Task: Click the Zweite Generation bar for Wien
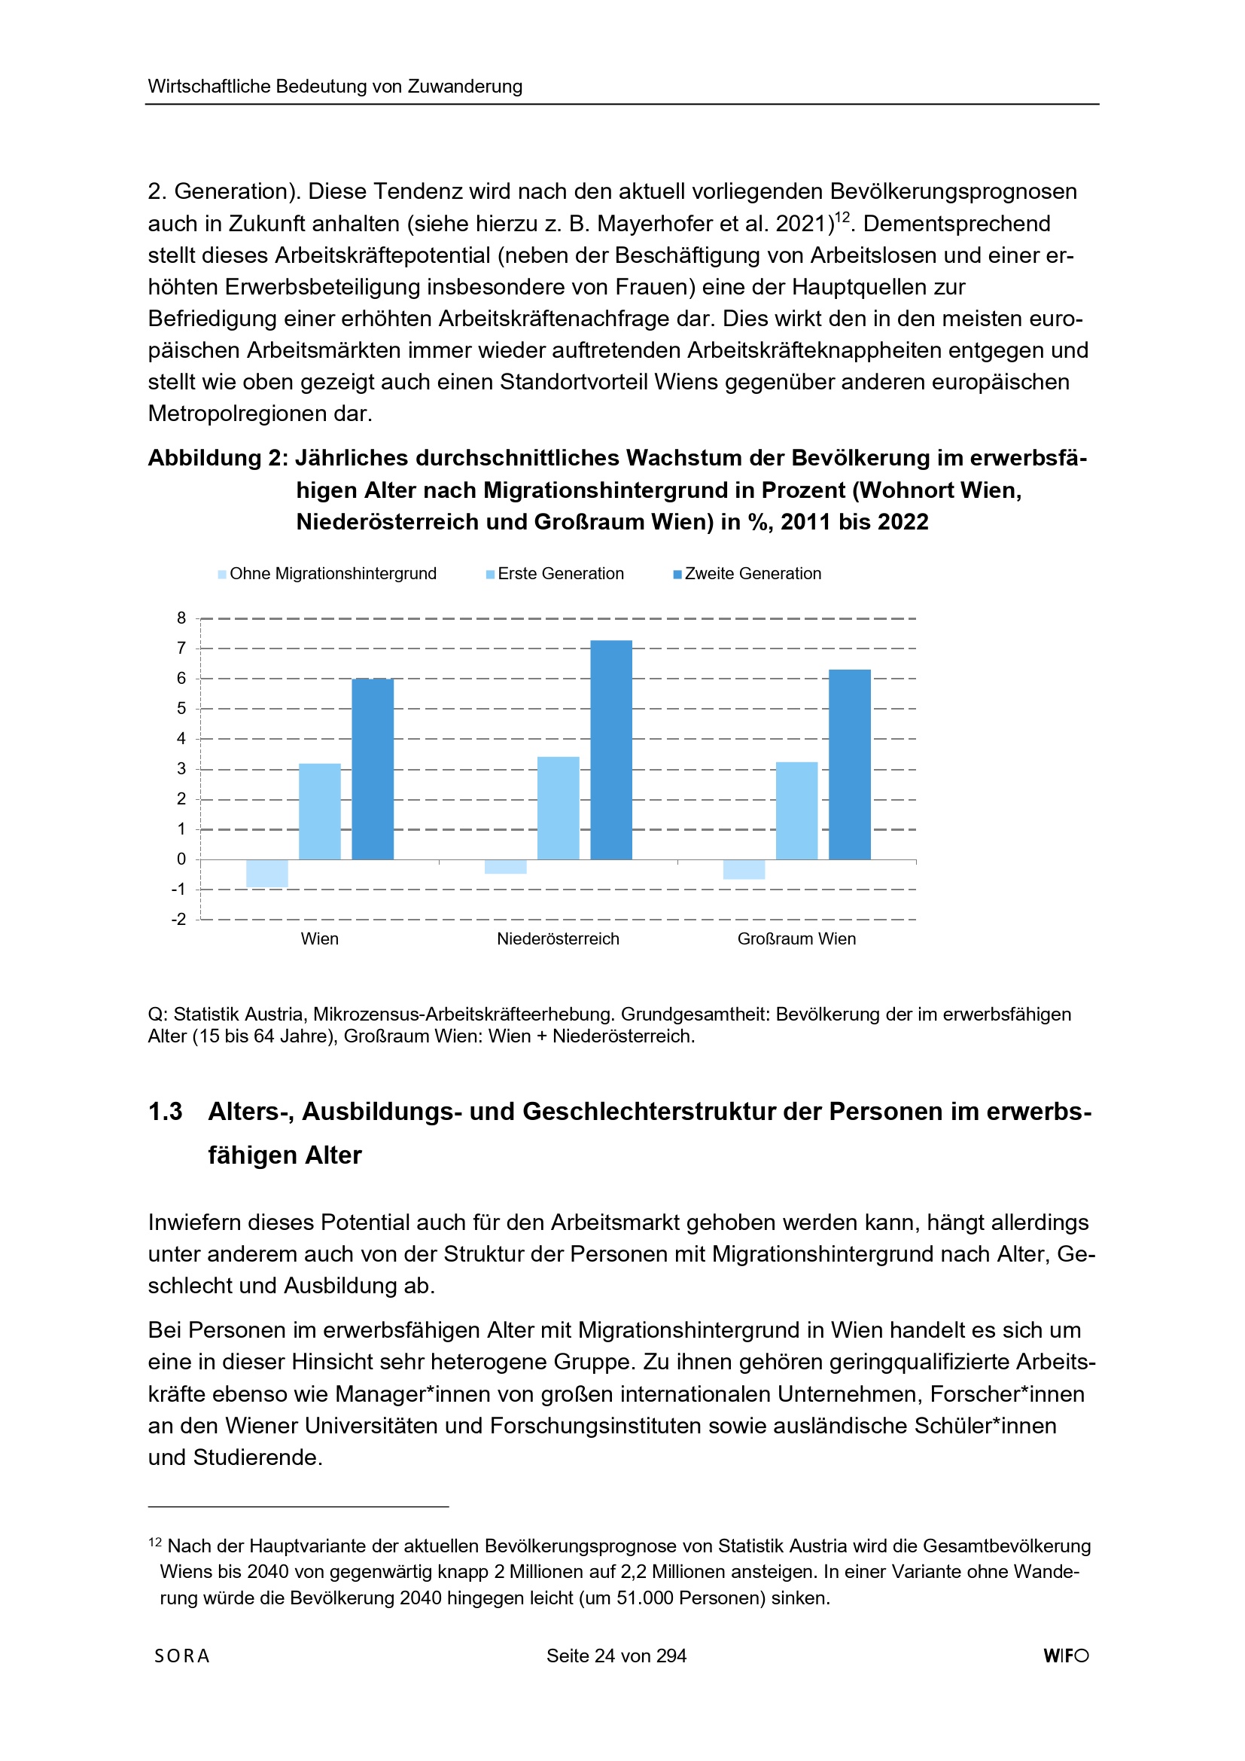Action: point(373,768)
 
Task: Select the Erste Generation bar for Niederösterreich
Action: point(558,807)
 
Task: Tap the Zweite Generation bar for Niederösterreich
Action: point(611,749)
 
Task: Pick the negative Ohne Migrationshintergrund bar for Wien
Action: point(266,874)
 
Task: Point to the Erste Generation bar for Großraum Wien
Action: point(796,810)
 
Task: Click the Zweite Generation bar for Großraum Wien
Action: point(849,764)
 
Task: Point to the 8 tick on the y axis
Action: point(181,618)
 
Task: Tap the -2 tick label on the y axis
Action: point(178,919)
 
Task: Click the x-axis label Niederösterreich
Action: point(558,938)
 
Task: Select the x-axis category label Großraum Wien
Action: point(796,938)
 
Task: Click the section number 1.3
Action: point(165,1112)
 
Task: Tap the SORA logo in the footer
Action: point(181,1656)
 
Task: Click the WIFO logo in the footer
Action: point(1066,1656)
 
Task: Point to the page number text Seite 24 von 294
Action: point(616,1656)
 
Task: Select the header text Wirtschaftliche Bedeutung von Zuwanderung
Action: point(335,86)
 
